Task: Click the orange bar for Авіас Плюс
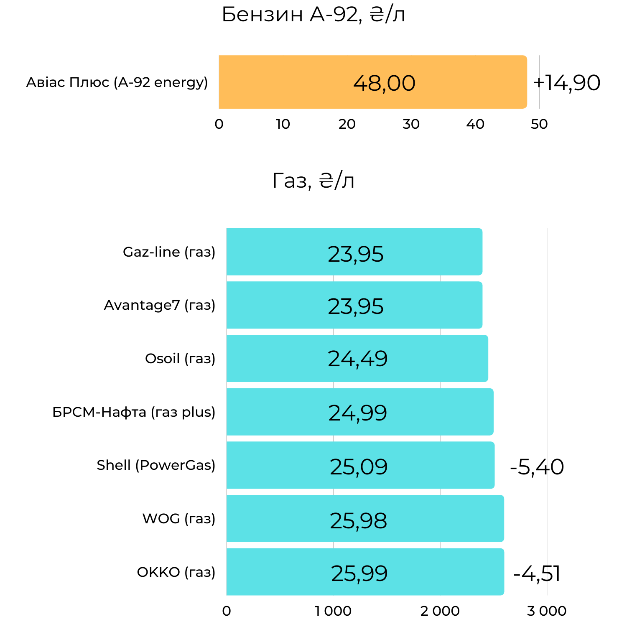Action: (x=293, y=82)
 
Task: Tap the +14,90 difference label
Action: (x=566, y=83)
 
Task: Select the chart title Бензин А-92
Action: (x=313, y=15)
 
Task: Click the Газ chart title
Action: (x=313, y=181)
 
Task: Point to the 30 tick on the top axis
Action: (x=411, y=124)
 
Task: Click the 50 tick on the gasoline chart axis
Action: (x=539, y=124)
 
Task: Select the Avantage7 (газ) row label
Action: (x=160, y=305)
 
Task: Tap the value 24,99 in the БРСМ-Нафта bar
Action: (x=358, y=413)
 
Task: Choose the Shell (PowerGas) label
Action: (x=156, y=465)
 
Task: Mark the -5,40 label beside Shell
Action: (x=537, y=467)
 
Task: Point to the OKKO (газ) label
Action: (x=176, y=572)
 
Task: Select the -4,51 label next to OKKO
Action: (x=537, y=573)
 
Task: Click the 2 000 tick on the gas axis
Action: (x=440, y=611)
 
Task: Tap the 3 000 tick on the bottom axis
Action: (x=546, y=611)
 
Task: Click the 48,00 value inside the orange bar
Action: (x=384, y=83)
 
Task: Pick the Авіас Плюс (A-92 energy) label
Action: (x=117, y=82)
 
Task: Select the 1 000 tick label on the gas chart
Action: (x=333, y=611)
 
